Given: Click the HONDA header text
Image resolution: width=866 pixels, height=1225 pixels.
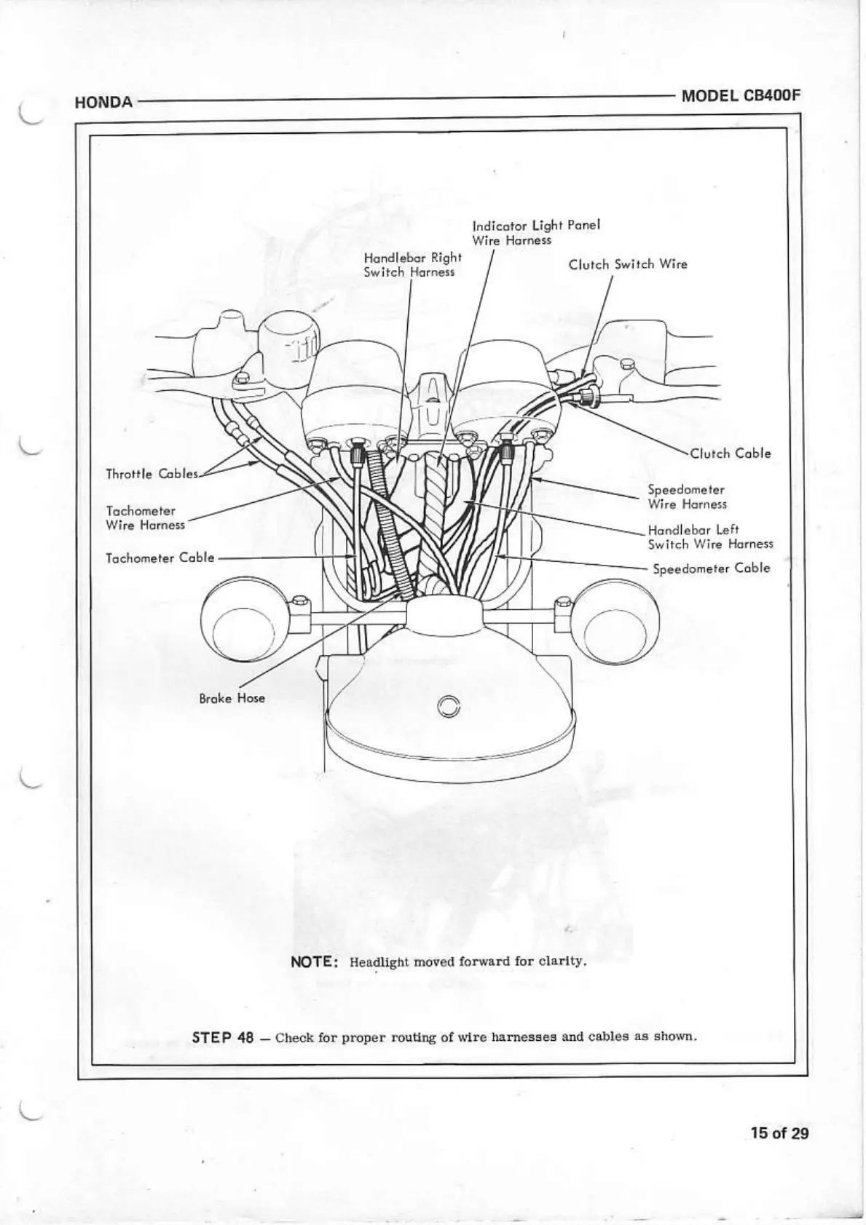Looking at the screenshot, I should click(x=103, y=103).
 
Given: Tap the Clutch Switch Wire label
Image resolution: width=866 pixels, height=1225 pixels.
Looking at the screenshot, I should click(x=627, y=264).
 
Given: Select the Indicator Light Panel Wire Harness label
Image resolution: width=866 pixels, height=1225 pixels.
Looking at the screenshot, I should click(x=535, y=232).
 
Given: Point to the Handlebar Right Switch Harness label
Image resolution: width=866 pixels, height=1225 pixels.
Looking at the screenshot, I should click(x=412, y=264).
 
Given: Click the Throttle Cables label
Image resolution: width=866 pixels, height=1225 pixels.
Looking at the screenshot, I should click(x=151, y=474).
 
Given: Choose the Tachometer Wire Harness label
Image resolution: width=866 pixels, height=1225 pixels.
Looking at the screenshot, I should click(x=145, y=518).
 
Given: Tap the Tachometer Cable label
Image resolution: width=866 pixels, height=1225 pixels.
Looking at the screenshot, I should click(x=160, y=558).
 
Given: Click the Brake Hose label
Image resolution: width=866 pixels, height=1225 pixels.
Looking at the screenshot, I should click(x=232, y=698).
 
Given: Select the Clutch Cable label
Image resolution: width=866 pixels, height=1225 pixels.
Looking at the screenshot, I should click(x=730, y=453).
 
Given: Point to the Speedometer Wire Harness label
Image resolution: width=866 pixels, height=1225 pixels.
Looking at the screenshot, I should click(x=687, y=497).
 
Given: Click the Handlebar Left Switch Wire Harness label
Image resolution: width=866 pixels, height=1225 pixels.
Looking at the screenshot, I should click(x=710, y=537).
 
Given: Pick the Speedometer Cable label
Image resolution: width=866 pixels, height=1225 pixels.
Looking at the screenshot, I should click(x=711, y=568).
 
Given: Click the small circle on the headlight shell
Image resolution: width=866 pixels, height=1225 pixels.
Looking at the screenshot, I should click(x=450, y=706).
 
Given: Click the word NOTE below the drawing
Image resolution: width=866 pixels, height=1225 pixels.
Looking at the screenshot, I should click(x=313, y=962).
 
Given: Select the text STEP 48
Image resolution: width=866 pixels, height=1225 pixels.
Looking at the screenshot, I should click(x=223, y=1037).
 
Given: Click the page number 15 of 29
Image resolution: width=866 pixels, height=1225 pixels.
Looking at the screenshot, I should click(x=780, y=1133).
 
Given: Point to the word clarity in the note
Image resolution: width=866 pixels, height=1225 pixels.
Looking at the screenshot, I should click(x=563, y=962).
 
